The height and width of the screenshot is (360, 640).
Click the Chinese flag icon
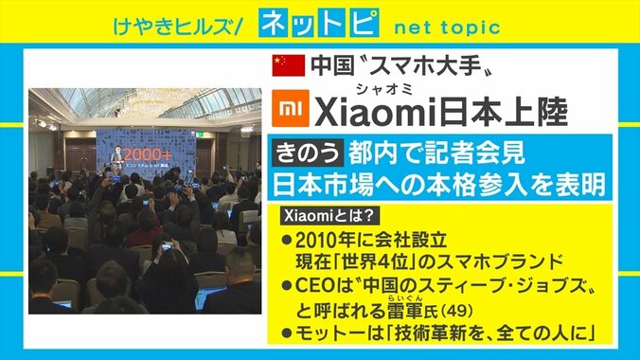289,65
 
